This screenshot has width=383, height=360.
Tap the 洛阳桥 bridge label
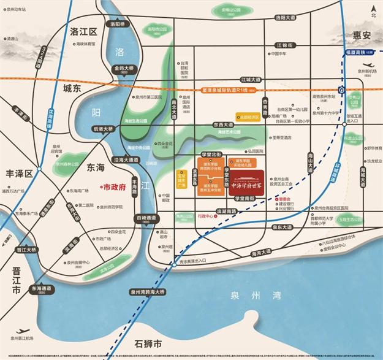pyautogui.click(x=114, y=25)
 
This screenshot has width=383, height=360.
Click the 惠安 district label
pyautogui.click(x=360, y=36)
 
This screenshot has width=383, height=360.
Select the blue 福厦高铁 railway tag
pyautogui.click(x=362, y=53)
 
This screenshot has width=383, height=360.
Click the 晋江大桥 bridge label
pyautogui.click(x=26, y=250)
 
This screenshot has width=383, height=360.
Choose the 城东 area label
pyautogui.click(x=72, y=88)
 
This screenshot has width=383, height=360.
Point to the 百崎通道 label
pyautogui.click(x=146, y=218)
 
